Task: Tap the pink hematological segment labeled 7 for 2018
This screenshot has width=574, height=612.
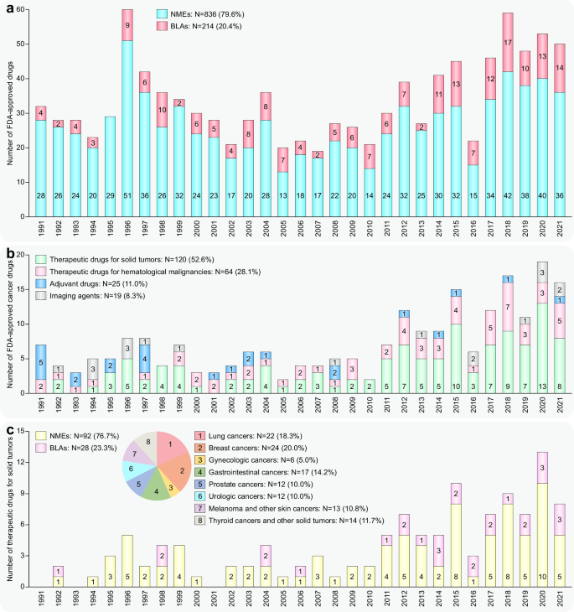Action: (508, 308)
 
